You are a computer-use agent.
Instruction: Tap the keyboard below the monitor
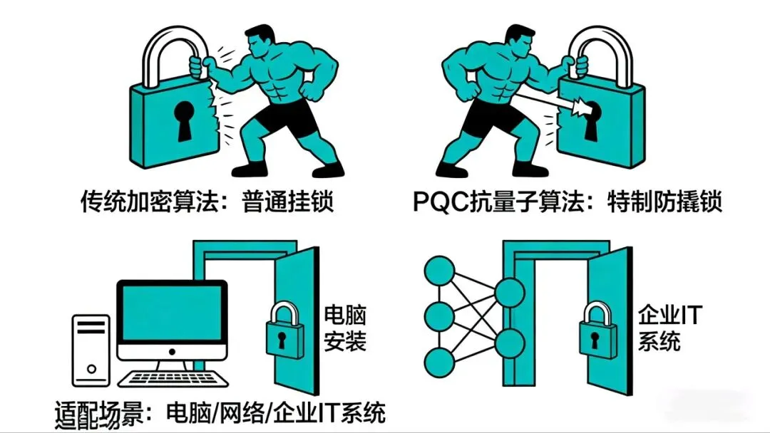171,378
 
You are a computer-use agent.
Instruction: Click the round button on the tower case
91,370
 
